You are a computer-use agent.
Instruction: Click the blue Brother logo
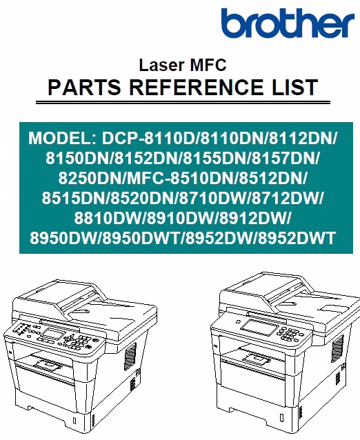click(x=288, y=23)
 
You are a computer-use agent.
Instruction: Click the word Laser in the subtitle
click(x=161, y=65)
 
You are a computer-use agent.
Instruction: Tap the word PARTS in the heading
click(x=84, y=87)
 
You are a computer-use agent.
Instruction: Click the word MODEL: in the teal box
click(x=62, y=138)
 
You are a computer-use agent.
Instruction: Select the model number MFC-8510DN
click(x=181, y=178)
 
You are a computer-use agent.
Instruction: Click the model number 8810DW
click(x=108, y=218)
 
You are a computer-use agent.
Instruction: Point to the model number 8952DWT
click(x=297, y=238)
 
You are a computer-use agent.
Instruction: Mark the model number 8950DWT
click(x=141, y=238)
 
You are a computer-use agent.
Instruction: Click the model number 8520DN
click(x=142, y=198)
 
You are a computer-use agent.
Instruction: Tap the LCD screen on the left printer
click(x=52, y=334)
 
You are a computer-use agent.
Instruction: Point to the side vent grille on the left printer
click(x=130, y=356)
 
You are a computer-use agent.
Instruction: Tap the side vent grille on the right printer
click(x=337, y=349)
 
